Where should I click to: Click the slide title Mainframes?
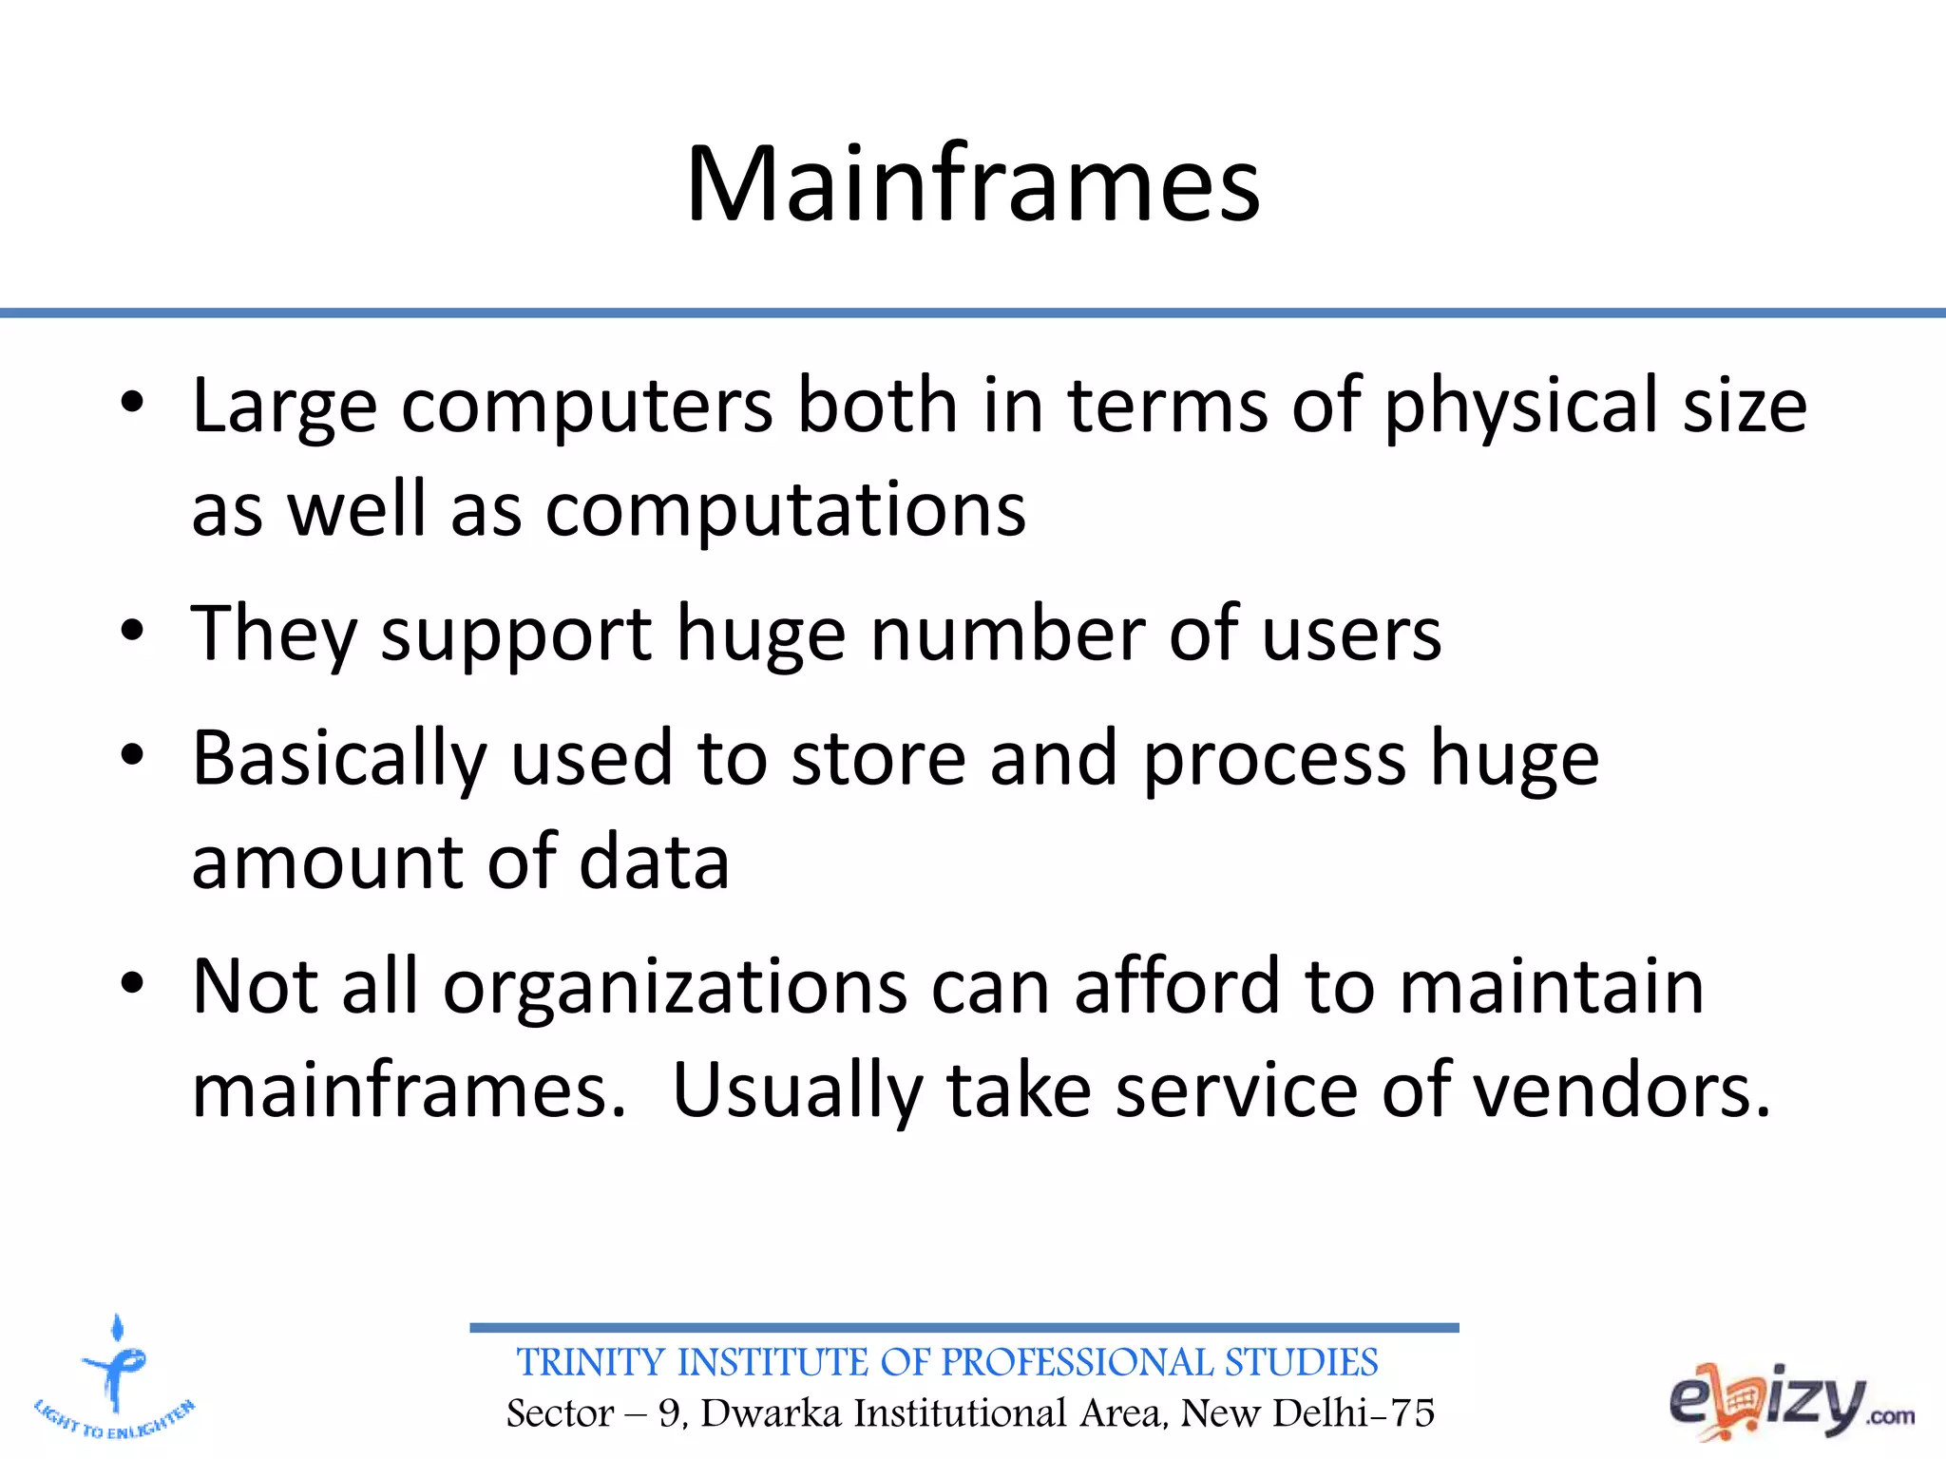pos(973,184)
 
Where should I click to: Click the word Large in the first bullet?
pos(284,407)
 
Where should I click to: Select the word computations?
pos(785,511)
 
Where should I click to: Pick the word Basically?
pos(339,759)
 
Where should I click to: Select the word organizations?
pos(676,987)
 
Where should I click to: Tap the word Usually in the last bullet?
pos(797,1090)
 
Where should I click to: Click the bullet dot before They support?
pos(132,632)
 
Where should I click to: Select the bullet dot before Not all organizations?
pos(132,984)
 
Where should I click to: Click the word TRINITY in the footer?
pos(590,1363)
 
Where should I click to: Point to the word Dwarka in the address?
pos(772,1413)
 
